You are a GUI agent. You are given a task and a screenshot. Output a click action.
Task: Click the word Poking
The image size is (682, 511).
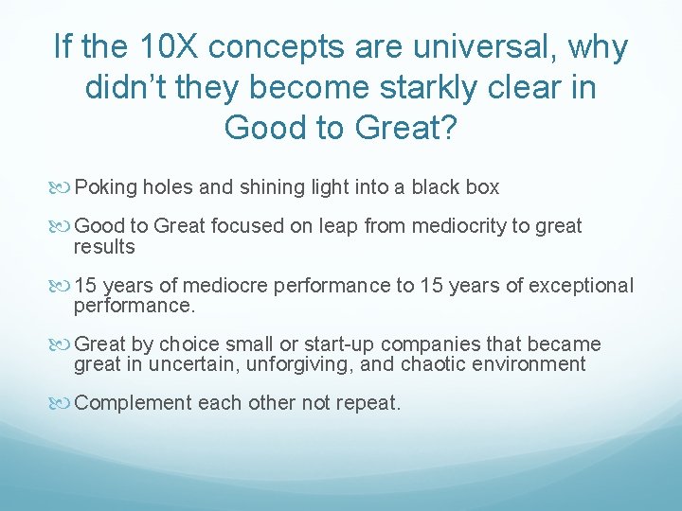coord(106,187)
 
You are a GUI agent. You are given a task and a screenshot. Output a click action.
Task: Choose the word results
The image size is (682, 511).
coord(104,247)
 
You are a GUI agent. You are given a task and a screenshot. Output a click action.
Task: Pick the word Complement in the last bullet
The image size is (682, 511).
coord(132,403)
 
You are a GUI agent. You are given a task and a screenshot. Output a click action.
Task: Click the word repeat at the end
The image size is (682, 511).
coord(372,403)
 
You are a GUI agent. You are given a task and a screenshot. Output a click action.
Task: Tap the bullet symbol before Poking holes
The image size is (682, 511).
coord(62,188)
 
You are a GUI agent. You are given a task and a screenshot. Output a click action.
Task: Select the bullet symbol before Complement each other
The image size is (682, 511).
coord(62,404)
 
